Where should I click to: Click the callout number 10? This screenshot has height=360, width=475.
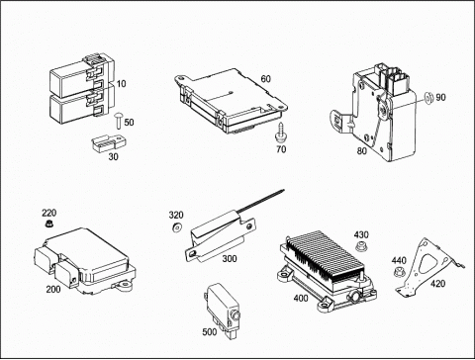(x=122, y=84)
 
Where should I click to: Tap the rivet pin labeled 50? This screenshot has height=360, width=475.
(x=118, y=121)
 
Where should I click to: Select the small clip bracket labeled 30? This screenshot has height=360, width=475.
(x=109, y=143)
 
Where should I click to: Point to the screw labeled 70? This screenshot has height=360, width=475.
(x=280, y=134)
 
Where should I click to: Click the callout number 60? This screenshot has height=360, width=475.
(x=265, y=79)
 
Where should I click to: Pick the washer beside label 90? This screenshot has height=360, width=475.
(x=428, y=98)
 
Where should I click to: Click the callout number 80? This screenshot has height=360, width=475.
(x=362, y=150)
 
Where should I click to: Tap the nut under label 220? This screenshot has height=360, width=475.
(x=49, y=224)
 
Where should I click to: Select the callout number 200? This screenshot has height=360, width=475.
(x=53, y=289)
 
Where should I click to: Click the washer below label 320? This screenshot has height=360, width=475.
(x=175, y=227)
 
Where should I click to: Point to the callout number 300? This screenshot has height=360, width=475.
(x=230, y=258)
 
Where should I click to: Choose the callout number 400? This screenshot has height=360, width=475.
(x=301, y=298)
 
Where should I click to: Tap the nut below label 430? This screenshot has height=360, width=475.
(x=360, y=246)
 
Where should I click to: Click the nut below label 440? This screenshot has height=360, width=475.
(x=399, y=272)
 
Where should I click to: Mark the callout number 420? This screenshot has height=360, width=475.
(x=437, y=284)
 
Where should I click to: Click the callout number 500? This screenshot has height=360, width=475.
(x=210, y=331)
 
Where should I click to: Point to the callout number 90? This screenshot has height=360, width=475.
(x=440, y=97)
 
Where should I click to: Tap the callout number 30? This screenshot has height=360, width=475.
(x=113, y=157)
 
